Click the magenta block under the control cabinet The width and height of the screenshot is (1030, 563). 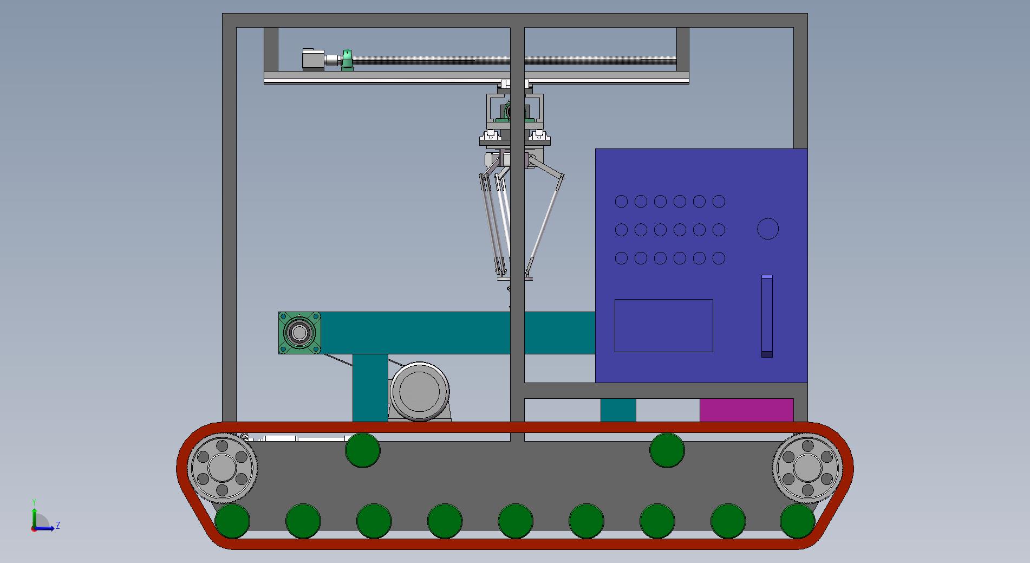(x=746, y=410)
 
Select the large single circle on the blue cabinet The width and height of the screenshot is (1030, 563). (x=767, y=229)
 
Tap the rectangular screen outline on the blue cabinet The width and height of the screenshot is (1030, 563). (x=663, y=325)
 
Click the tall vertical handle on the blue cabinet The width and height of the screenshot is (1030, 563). (x=767, y=316)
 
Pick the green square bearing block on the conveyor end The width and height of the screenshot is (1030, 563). (x=299, y=333)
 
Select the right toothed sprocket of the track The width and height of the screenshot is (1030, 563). (x=807, y=467)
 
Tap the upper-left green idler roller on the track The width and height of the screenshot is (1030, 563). (x=362, y=450)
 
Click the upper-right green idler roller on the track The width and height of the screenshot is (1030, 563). (x=667, y=450)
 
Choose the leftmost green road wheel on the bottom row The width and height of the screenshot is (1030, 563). (x=232, y=521)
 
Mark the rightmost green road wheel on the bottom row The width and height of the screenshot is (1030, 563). (x=797, y=521)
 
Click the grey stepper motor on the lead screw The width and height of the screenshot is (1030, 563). (x=313, y=60)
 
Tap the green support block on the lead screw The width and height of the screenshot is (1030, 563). (x=347, y=60)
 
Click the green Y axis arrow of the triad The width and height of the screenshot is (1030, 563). (x=34, y=515)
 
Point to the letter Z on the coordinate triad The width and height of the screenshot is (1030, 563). (x=58, y=526)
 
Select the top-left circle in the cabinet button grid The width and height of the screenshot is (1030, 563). (x=621, y=202)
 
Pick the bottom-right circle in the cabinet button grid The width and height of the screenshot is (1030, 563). (x=719, y=258)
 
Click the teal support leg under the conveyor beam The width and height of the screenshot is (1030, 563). (x=370, y=387)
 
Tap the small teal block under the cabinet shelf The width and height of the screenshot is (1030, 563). (x=618, y=410)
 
